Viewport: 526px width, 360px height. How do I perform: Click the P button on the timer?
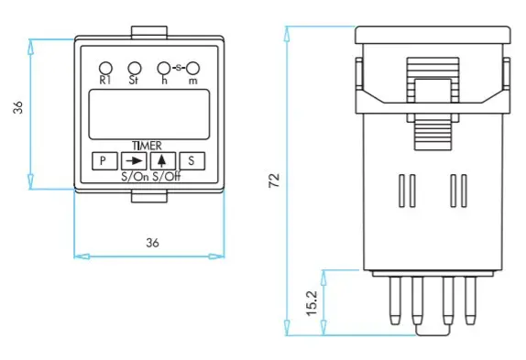[104, 161]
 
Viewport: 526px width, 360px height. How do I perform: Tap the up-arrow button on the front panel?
[163, 161]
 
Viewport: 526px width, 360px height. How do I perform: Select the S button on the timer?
[192, 161]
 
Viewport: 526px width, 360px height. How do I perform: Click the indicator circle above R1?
[105, 68]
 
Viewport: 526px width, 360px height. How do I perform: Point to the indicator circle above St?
[135, 68]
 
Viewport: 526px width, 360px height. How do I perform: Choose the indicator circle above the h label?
[164, 68]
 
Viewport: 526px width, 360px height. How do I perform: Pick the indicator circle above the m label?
[192, 68]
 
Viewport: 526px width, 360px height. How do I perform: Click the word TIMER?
[147, 146]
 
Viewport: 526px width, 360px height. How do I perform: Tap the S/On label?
[135, 177]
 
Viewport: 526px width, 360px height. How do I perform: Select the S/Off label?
[167, 177]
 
